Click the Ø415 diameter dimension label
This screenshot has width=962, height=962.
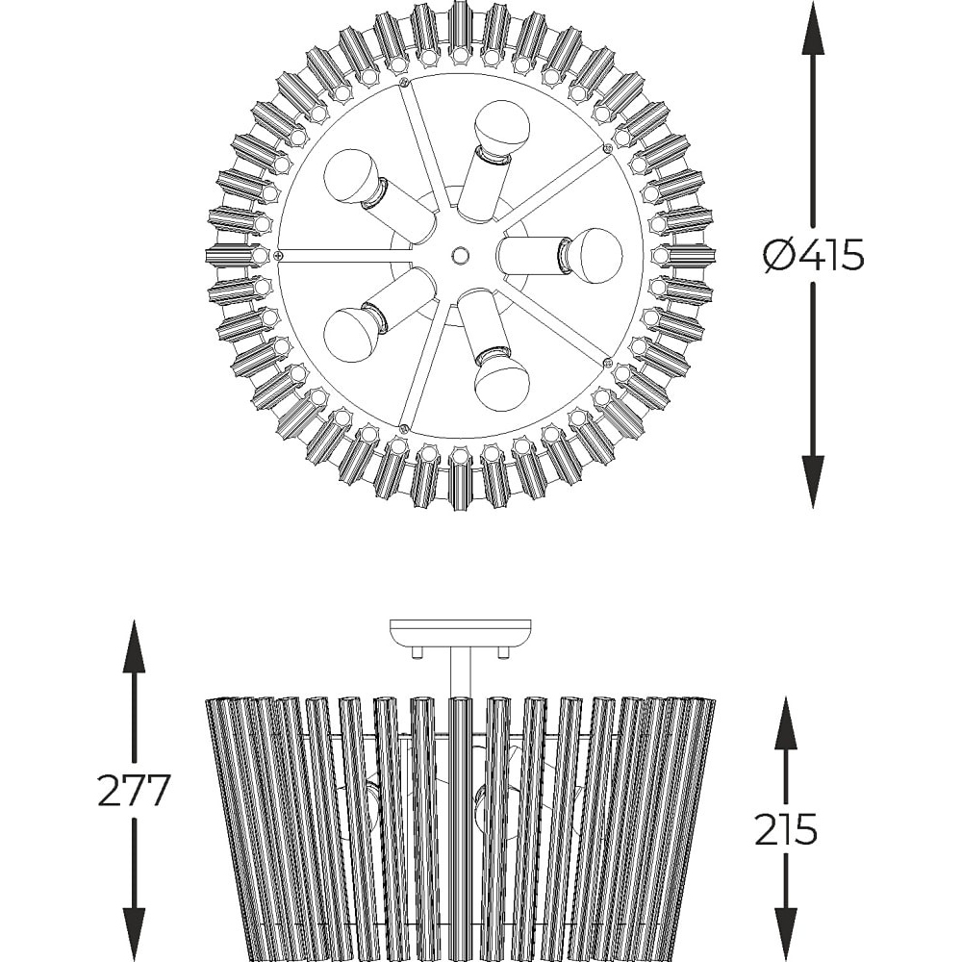814,255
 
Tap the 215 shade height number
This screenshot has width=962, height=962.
786,828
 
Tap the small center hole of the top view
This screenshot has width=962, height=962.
459,254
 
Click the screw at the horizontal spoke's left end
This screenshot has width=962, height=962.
279,255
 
